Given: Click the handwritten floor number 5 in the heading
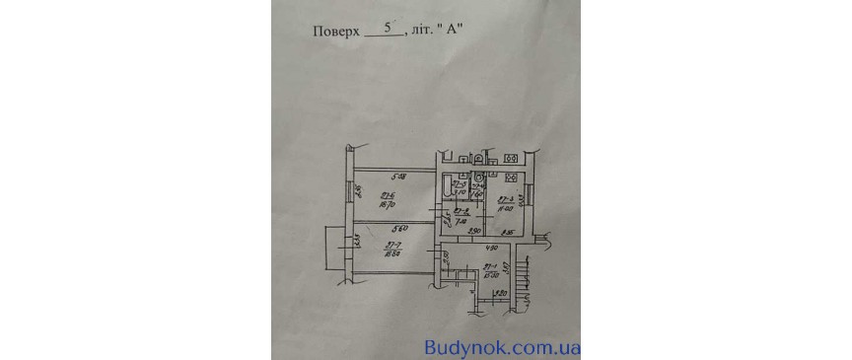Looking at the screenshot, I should [387, 29].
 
